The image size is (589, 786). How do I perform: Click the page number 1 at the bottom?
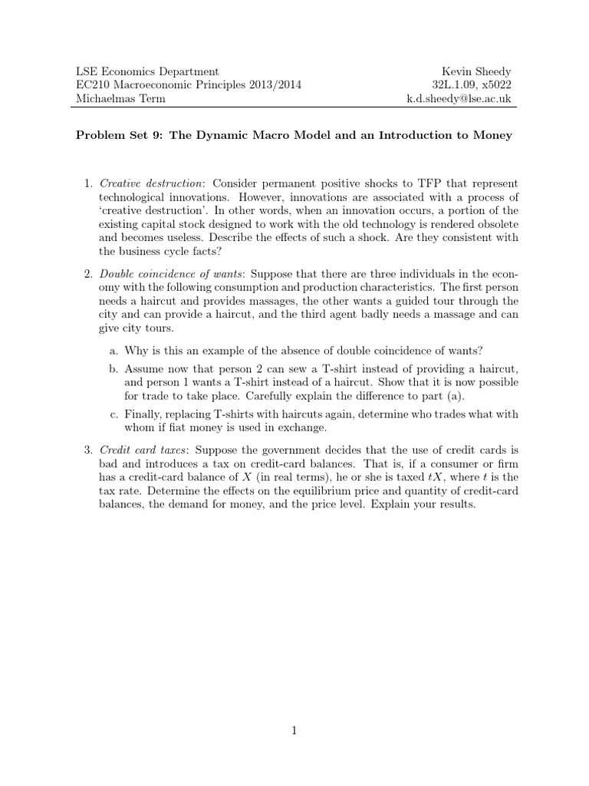point(294,732)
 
